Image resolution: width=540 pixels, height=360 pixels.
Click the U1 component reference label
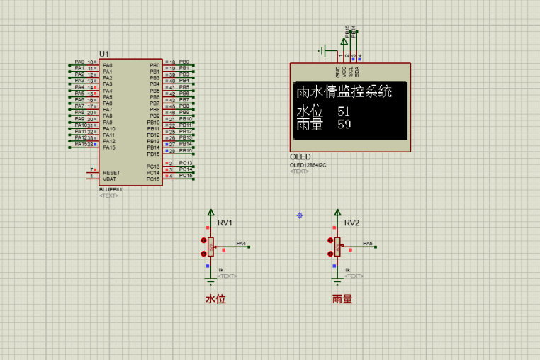[104, 54]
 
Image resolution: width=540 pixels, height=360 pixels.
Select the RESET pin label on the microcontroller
[111, 173]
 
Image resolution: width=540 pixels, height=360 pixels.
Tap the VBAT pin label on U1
[110, 179]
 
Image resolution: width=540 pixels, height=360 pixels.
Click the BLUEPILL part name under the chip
[111, 190]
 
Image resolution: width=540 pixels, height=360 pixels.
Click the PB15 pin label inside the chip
[153, 154]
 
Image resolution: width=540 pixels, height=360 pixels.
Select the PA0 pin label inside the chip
[107, 65]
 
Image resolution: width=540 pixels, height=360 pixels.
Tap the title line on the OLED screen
[344, 91]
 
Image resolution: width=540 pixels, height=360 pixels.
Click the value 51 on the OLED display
[344, 111]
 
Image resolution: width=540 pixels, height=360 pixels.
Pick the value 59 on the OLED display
[344, 124]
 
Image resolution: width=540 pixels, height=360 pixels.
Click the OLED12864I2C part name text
[308, 165]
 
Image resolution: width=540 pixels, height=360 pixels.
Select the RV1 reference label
[225, 223]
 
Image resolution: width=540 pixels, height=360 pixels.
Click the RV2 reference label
[351, 223]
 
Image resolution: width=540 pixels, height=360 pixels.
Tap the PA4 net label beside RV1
[241, 243]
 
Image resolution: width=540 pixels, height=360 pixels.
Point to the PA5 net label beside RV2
[368, 243]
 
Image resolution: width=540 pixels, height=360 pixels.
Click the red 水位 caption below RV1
[215, 299]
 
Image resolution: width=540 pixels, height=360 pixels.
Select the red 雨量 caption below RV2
[342, 299]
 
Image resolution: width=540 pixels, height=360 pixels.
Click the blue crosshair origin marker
[300, 215]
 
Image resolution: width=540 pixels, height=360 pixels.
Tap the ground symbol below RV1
[210, 281]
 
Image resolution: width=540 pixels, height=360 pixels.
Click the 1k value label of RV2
[347, 270]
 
